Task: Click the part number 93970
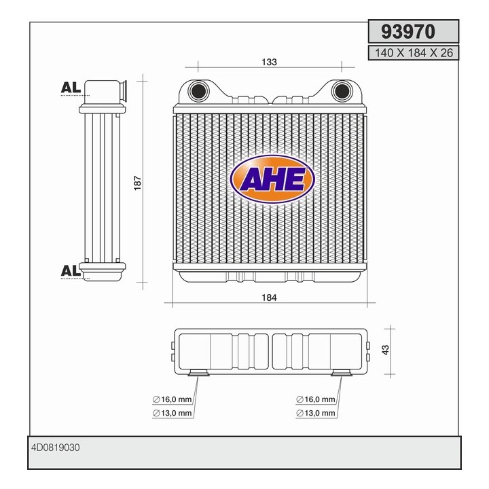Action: (x=410, y=31)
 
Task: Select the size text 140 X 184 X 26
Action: (x=410, y=52)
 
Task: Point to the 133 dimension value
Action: (x=269, y=62)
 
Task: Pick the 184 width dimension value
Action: (x=269, y=297)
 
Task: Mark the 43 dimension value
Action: (x=385, y=350)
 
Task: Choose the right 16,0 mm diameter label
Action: (x=316, y=399)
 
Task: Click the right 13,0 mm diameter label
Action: (x=316, y=412)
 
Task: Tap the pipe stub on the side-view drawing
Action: (x=123, y=90)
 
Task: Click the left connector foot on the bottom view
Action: (x=198, y=372)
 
